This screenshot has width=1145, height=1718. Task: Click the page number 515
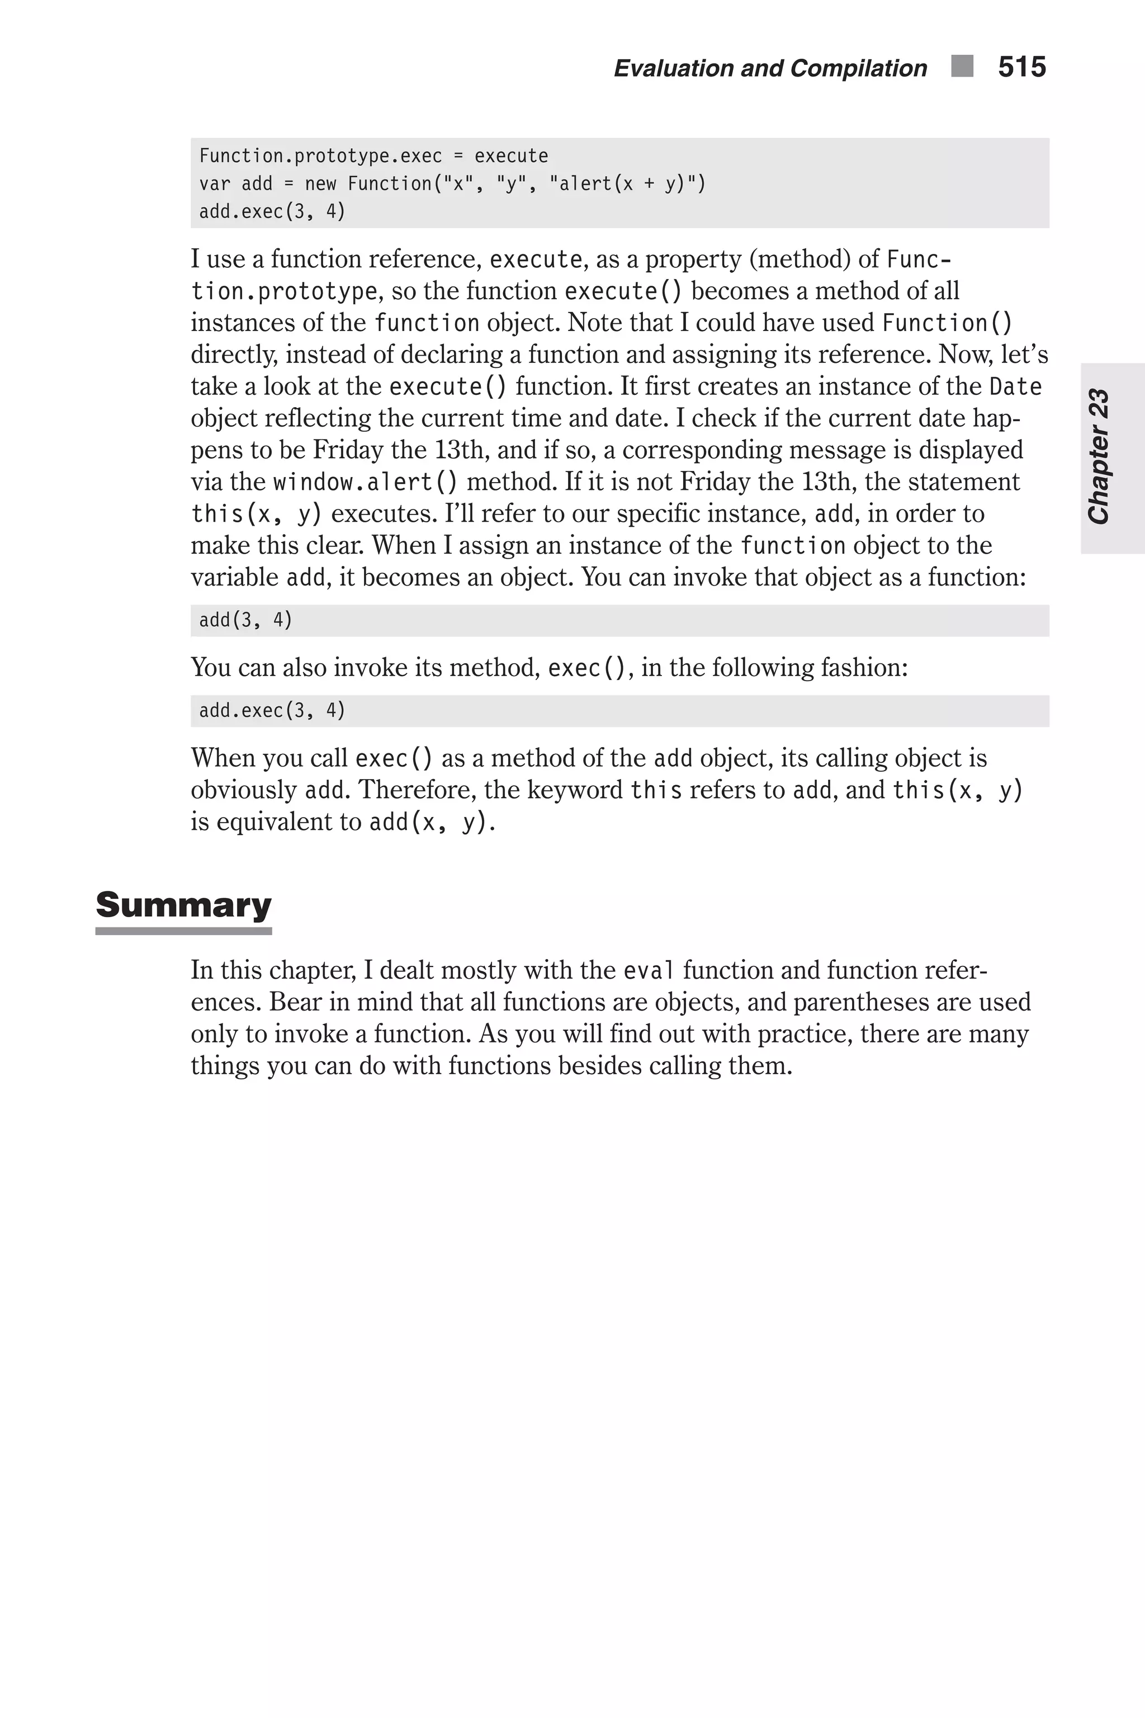click(x=1021, y=67)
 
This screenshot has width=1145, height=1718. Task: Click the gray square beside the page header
click(x=962, y=67)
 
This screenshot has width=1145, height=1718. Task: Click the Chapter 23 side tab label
click(x=1099, y=456)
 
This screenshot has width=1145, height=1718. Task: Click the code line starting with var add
click(x=452, y=183)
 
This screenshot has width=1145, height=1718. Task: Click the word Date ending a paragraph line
click(x=1015, y=386)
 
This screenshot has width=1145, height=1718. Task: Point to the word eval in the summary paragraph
click(x=649, y=971)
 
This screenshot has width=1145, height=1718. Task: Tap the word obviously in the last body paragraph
click(x=243, y=790)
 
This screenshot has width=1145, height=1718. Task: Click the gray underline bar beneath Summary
click(x=183, y=931)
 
